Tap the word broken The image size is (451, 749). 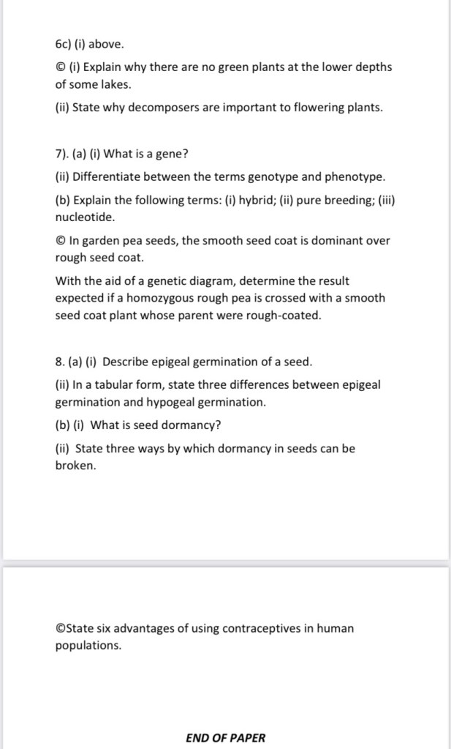pyautogui.click(x=75, y=465)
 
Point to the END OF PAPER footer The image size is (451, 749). pyautogui.click(x=226, y=737)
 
